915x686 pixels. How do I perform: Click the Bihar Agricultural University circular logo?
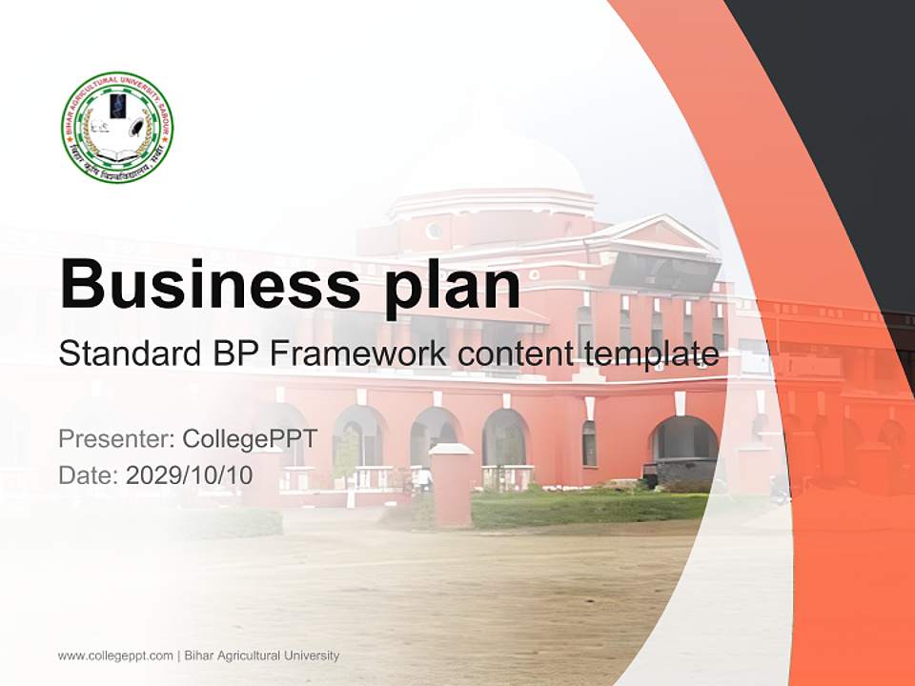click(x=117, y=127)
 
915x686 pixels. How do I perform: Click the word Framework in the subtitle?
click(x=358, y=354)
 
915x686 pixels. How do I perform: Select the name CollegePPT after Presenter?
click(x=249, y=439)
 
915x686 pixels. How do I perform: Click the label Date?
click(x=89, y=474)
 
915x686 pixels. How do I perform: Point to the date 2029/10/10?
click(x=190, y=474)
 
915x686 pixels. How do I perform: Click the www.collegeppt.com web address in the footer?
click(x=115, y=656)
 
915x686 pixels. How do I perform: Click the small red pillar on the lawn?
click(x=451, y=486)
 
